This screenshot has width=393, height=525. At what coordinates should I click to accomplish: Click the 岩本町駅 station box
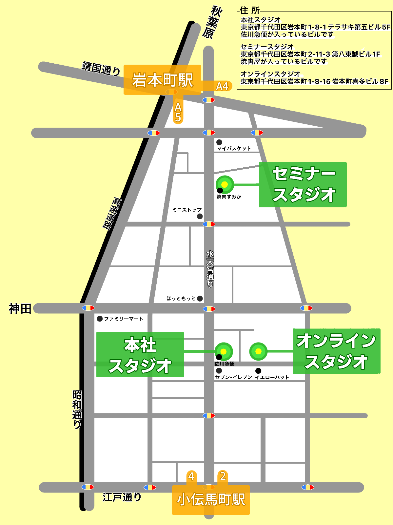tap(162, 80)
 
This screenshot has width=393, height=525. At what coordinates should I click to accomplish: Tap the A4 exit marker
tap(222, 86)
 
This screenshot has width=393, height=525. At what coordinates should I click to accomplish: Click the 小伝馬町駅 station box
tap(211, 499)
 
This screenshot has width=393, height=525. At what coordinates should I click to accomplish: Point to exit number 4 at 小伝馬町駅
tap(191, 476)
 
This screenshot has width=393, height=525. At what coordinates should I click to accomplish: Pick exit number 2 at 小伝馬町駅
tap(223, 476)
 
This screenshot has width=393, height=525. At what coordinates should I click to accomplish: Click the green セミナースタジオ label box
tap(303, 184)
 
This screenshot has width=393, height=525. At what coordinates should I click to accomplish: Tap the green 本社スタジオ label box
tap(140, 354)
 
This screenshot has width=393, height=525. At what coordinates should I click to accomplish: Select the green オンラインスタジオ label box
tap(336, 351)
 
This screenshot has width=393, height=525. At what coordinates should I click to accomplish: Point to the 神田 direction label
tap(20, 308)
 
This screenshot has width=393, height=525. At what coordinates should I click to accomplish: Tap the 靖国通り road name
tap(101, 68)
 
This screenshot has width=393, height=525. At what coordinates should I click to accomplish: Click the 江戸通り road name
tap(122, 497)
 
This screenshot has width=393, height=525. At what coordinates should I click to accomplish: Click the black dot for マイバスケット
tap(219, 142)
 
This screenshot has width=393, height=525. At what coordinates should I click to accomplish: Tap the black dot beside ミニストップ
tap(200, 216)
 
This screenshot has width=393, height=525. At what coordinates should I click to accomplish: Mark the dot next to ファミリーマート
tap(100, 319)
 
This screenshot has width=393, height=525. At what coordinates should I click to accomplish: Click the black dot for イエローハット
tap(258, 371)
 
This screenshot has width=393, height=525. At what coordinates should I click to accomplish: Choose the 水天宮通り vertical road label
tap(210, 269)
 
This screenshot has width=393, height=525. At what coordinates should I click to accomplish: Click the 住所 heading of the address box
tap(250, 10)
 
